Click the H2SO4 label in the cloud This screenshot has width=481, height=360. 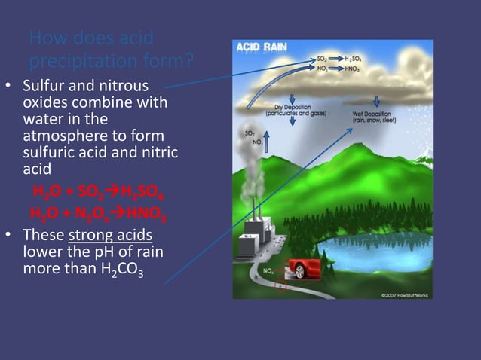click(x=354, y=58)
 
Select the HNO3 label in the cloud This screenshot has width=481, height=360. click(x=353, y=68)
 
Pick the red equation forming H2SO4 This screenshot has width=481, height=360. click(x=97, y=189)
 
